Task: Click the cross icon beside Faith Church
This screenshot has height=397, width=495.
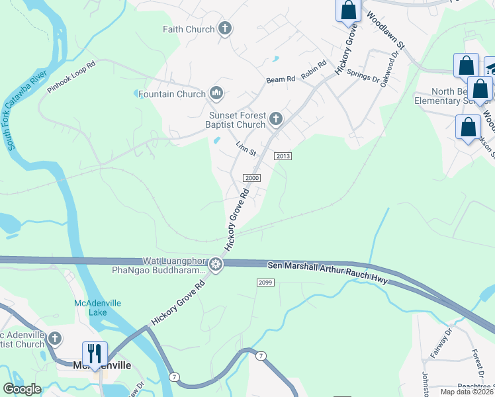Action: point(225,28)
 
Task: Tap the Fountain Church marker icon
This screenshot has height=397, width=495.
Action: point(215,93)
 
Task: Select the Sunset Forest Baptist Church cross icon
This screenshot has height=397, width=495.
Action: point(276,120)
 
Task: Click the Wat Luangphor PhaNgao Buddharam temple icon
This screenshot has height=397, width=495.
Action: point(215,265)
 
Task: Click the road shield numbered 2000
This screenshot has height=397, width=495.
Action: point(253,178)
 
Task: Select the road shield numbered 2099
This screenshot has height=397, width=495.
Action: point(265,283)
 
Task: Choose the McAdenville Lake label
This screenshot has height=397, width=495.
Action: point(89,308)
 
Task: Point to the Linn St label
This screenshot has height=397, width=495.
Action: point(246,148)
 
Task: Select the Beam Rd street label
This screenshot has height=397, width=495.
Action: point(281,79)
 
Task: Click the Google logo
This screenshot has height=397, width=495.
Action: point(22,389)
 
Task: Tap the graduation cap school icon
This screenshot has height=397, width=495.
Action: point(490,68)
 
